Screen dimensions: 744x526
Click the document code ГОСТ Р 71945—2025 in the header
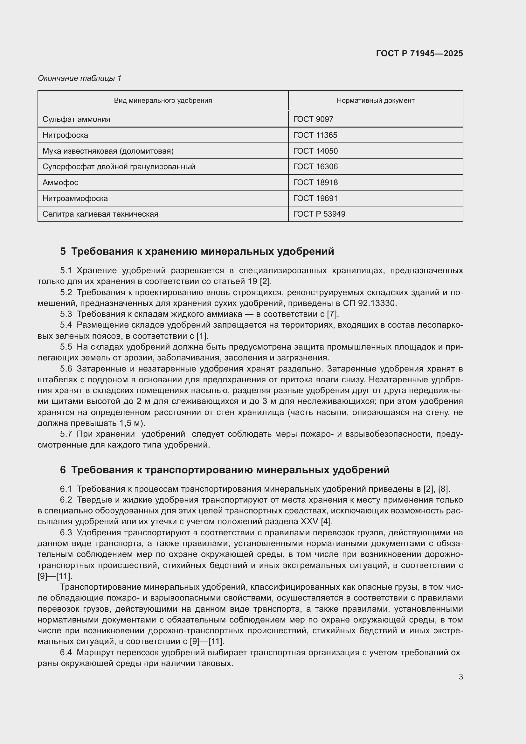point(419,53)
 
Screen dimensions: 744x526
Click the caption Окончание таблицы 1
point(80,78)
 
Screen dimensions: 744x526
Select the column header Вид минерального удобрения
point(163,101)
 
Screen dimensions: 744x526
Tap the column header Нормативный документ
point(375,101)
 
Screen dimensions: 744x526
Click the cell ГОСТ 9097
point(313,119)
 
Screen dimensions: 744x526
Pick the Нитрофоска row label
point(65,135)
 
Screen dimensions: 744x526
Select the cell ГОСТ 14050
point(315,151)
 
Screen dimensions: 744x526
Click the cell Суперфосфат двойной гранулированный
point(119,167)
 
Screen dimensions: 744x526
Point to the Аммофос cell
point(60,183)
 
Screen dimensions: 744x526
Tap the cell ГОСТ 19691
point(315,198)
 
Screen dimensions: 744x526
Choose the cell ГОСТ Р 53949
point(319,214)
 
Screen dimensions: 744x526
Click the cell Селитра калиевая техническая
point(100,214)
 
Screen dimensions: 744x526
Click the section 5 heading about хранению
point(197,251)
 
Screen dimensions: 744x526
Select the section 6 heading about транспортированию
point(225,470)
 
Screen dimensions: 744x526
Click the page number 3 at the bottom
point(460,677)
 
